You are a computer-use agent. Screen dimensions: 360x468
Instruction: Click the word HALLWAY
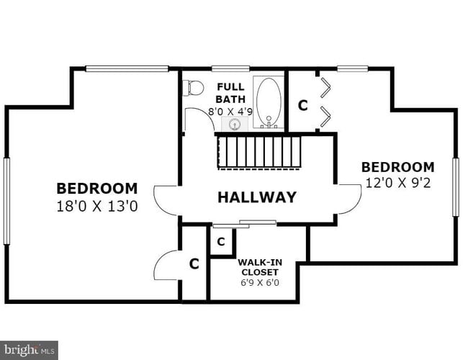[x=257, y=197]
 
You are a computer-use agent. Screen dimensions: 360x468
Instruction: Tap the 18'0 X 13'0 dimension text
[x=96, y=206]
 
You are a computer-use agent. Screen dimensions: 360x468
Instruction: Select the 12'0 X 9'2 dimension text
[x=397, y=183]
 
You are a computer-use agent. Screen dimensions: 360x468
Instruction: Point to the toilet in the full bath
[x=192, y=88]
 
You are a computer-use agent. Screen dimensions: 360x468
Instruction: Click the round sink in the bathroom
[x=234, y=125]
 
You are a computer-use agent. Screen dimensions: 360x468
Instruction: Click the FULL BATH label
[x=231, y=93]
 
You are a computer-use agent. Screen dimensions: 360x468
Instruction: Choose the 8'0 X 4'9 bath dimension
[x=230, y=112]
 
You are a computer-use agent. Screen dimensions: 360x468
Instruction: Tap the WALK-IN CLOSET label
[x=259, y=267]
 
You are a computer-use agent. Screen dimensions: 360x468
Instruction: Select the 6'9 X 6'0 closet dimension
[x=259, y=283]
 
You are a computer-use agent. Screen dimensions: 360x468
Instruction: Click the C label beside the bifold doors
[x=302, y=106]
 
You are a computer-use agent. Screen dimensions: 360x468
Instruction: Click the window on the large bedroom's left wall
[x=6, y=201]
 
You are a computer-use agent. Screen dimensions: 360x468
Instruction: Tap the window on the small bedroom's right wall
[x=455, y=186]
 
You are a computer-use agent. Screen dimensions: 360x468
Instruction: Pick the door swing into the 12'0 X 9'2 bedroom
[x=348, y=199]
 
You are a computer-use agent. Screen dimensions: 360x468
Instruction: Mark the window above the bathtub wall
[x=230, y=69]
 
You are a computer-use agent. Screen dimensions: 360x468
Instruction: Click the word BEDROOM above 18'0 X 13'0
[x=96, y=189]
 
